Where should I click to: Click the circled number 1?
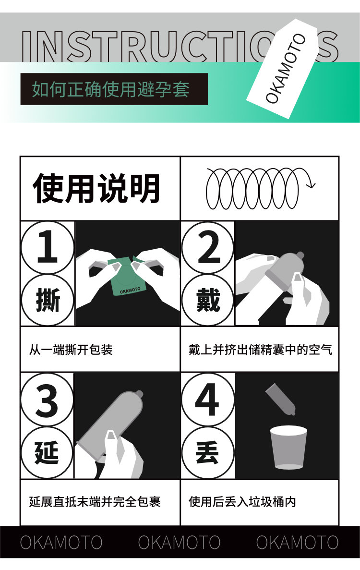click(47, 247)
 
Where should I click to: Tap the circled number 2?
click(208, 248)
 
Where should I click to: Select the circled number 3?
click(47, 400)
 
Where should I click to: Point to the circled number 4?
click(208, 400)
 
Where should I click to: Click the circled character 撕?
click(47, 300)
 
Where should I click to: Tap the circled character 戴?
click(208, 300)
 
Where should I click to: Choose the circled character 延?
click(47, 452)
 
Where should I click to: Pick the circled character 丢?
click(208, 452)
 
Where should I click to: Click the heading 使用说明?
click(96, 188)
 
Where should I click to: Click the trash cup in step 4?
click(288, 447)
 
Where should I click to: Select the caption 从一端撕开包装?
click(71, 350)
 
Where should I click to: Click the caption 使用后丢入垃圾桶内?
click(242, 502)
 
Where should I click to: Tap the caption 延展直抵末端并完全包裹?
click(95, 502)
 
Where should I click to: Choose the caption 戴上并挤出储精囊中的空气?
click(260, 350)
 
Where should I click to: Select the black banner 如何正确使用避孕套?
click(114, 89)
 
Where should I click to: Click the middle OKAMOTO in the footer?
click(179, 542)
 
